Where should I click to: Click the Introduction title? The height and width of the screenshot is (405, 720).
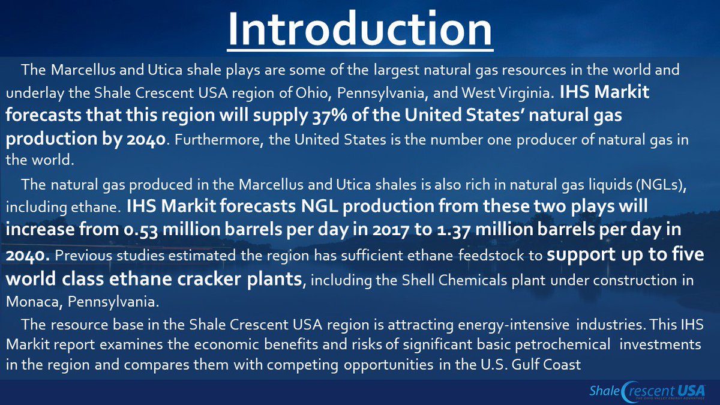click(x=360, y=29)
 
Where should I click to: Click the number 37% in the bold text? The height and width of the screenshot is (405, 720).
click(x=330, y=116)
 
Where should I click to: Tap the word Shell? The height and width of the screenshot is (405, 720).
click(x=418, y=280)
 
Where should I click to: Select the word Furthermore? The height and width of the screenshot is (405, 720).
click(x=217, y=140)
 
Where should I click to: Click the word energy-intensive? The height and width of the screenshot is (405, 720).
click(x=514, y=325)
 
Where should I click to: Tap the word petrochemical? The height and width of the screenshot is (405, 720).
click(x=562, y=345)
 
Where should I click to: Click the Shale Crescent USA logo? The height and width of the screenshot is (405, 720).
click(x=647, y=392)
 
